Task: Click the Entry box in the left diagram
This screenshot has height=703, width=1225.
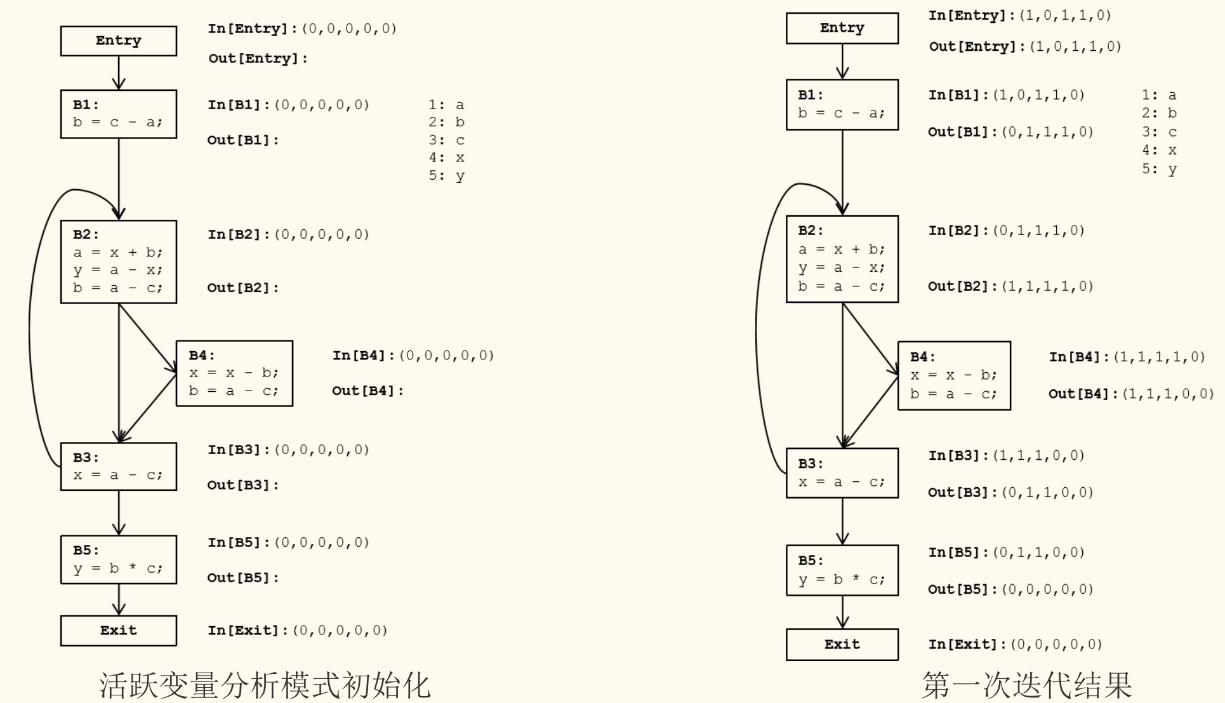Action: [x=119, y=41]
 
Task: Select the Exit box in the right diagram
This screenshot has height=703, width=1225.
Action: [x=842, y=645]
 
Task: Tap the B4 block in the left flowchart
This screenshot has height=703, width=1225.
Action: [x=234, y=373]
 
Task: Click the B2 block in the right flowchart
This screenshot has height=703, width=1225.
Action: [x=842, y=259]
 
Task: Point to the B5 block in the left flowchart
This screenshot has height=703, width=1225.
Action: [x=119, y=559]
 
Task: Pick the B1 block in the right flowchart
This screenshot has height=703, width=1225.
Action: [x=842, y=105]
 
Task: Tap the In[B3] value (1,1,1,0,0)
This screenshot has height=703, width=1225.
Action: [x=1038, y=456]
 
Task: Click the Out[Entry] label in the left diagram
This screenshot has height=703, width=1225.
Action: [x=258, y=58]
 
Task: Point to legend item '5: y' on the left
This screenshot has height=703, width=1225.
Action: [x=446, y=176]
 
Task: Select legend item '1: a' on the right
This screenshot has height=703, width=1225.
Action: [x=1159, y=95]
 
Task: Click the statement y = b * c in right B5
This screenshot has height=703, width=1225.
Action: [x=842, y=580]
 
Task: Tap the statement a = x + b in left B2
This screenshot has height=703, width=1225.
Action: [x=117, y=253]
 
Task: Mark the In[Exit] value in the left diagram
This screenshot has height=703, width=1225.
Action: [x=343, y=631]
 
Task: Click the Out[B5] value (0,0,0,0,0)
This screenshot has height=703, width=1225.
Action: [x=1047, y=589]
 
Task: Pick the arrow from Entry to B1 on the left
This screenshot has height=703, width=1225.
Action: [x=119, y=72]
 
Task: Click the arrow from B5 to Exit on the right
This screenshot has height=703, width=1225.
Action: [x=842, y=612]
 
